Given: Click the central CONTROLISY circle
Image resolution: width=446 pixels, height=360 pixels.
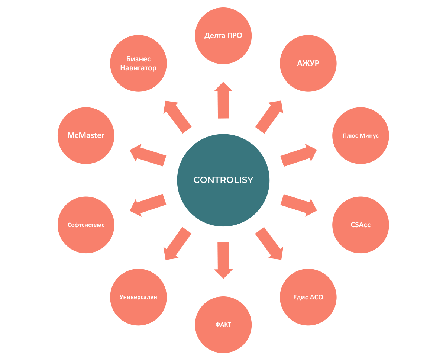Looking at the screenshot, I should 223,180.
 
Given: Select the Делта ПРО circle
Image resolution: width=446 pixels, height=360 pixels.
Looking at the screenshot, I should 223,36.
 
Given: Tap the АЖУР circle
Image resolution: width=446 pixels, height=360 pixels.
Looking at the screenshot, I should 308,63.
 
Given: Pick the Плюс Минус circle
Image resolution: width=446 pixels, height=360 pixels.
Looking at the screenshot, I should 361,136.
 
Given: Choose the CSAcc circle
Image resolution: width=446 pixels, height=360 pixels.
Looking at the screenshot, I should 361,225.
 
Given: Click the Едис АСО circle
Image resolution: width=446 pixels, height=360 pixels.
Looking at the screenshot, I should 308,297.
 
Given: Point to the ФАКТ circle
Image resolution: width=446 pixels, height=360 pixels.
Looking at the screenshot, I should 223,325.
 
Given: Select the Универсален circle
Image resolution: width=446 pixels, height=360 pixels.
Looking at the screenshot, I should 138,297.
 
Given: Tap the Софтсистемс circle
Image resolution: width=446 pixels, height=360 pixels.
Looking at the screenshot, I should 86,225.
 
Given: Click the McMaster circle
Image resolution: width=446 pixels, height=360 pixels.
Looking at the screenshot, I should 86,136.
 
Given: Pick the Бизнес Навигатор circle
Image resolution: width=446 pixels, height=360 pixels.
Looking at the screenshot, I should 138,63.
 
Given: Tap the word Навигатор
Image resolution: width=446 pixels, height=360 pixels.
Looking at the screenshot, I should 138,68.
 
